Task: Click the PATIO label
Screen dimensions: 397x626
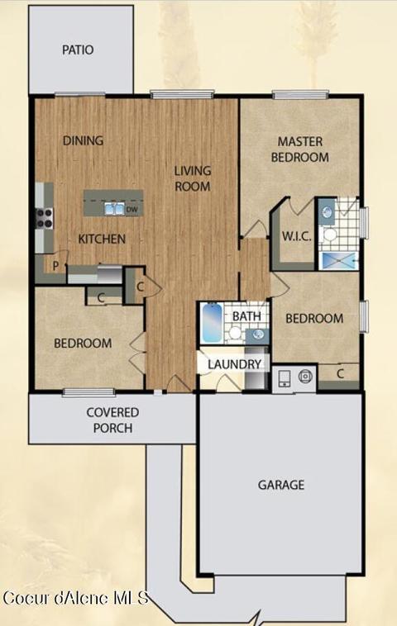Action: pos(78,50)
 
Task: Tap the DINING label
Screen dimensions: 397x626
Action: pos(84,140)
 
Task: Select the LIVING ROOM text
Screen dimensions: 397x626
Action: pos(193,178)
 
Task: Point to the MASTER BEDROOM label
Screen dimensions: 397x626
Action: pos(300,149)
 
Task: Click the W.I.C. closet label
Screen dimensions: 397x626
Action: pos(297,236)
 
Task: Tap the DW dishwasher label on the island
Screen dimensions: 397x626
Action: pos(132,210)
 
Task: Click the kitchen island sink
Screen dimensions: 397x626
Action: pos(113,209)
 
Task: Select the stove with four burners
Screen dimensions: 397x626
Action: pos(45,219)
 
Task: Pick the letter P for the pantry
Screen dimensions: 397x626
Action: pos(55,265)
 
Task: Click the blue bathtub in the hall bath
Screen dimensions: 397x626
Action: pos(212,323)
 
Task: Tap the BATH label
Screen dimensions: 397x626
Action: pos(246,316)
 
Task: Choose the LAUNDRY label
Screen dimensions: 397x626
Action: pos(234,364)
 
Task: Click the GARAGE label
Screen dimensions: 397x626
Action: pos(281,485)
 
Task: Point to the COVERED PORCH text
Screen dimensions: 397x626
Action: pos(112,420)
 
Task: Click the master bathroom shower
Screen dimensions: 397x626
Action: pos(338,262)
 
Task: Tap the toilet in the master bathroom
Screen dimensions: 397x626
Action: pos(328,234)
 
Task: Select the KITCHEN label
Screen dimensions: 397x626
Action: pos(102,239)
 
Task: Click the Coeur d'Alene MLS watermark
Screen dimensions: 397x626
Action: pos(76,598)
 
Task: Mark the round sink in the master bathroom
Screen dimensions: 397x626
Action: pos(327,211)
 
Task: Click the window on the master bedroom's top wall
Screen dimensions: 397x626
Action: pos(300,95)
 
